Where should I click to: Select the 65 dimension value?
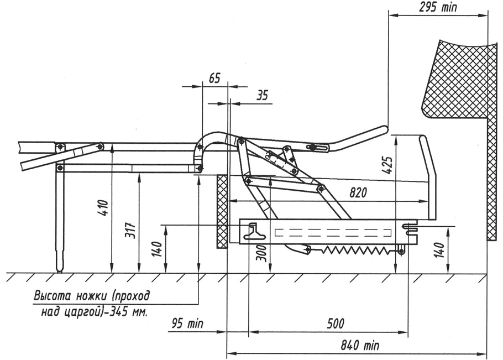[214, 78]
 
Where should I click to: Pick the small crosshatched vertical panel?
[222, 210]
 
